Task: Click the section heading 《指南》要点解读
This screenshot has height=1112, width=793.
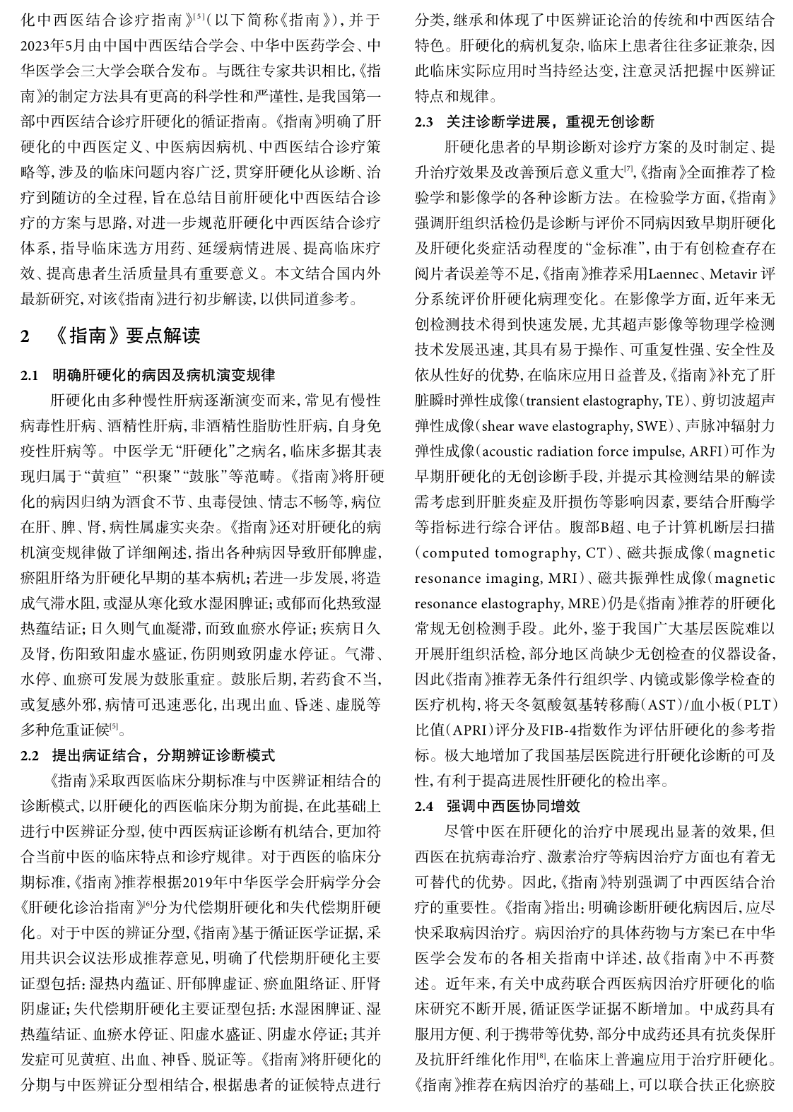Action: pyautogui.click(x=128, y=335)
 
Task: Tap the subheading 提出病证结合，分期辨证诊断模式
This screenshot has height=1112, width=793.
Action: pyautogui.click(x=164, y=755)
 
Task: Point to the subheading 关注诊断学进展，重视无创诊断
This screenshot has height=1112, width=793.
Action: pyautogui.click(x=551, y=122)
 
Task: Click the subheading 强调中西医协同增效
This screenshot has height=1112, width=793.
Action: pyautogui.click(x=514, y=805)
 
